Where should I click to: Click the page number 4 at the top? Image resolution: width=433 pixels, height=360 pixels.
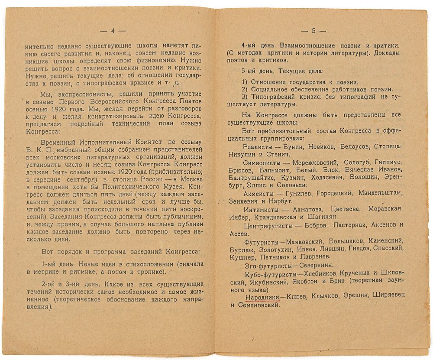coord(112,31)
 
